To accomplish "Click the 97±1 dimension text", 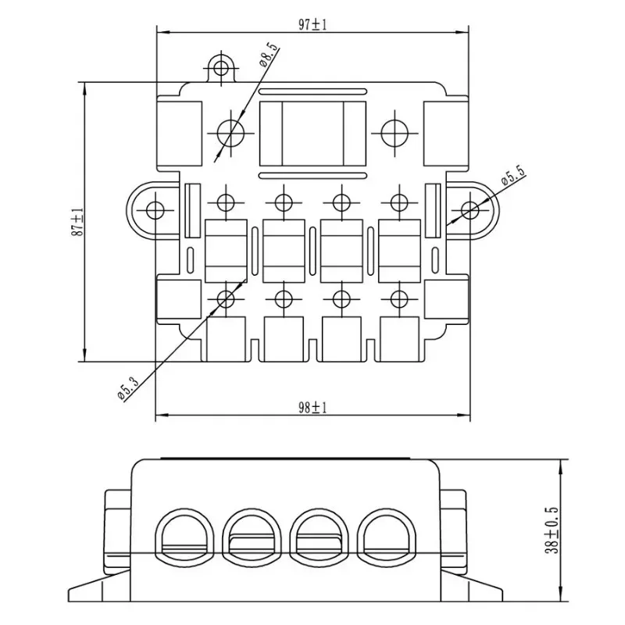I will point(312,24).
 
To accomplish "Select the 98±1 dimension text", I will point(312,407).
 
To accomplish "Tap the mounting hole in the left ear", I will point(155,209).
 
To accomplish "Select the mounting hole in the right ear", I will point(470,209).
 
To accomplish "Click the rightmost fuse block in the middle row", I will point(399,249).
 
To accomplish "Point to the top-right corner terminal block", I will point(445,130).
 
